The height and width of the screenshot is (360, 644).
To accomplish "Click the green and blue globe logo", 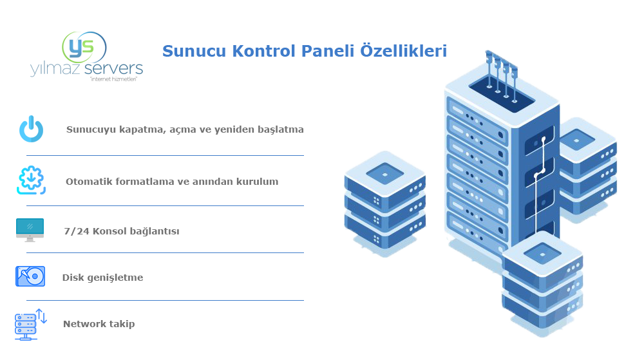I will tap(84, 48).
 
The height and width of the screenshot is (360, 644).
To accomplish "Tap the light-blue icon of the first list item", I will tap(31, 129).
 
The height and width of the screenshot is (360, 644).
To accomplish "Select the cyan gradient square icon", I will tap(31, 180).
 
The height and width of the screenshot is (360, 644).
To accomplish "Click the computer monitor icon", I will tap(30, 229).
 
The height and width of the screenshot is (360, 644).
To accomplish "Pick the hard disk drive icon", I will tap(30, 276).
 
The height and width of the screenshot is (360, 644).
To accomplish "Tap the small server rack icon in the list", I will tap(30, 324).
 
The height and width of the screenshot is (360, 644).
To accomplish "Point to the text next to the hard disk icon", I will tap(102, 278).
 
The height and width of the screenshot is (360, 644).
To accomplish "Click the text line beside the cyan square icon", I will tap(171, 181).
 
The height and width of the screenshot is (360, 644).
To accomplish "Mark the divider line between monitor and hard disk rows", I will tap(165, 252).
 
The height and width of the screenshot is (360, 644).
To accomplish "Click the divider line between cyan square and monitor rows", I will tap(165, 205).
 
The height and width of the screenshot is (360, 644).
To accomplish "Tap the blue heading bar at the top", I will tap(304, 50).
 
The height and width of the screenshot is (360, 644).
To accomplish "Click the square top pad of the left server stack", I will tap(385, 173).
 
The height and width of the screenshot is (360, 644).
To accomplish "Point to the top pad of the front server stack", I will tap(542, 252).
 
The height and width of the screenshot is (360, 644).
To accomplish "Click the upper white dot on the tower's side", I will tap(544, 139).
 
